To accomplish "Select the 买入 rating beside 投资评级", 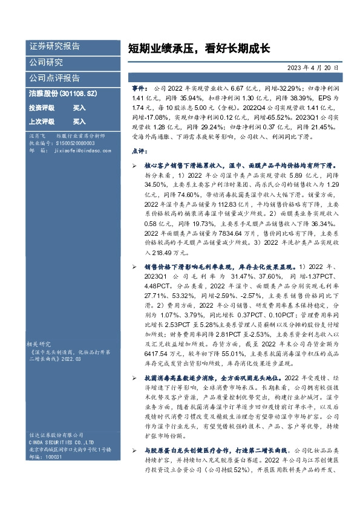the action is point(79,108).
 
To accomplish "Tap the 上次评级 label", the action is point(41,121).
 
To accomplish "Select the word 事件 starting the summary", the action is point(139,88).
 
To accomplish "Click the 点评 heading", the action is point(139,151).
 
